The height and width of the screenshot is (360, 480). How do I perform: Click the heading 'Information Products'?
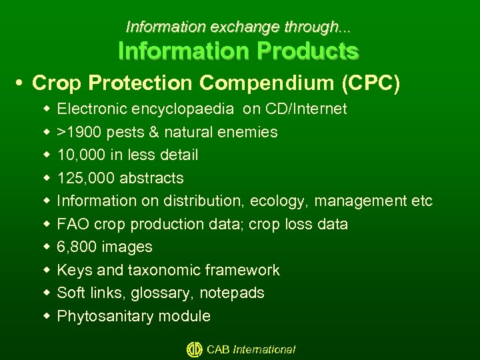click(x=239, y=51)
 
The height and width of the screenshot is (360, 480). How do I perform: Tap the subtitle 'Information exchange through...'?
click(x=239, y=27)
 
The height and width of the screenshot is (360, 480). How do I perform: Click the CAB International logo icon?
click(x=194, y=349)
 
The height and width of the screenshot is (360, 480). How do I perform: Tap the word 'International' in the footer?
click(x=264, y=349)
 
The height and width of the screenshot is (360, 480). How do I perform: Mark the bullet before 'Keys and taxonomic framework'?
click(x=46, y=270)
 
